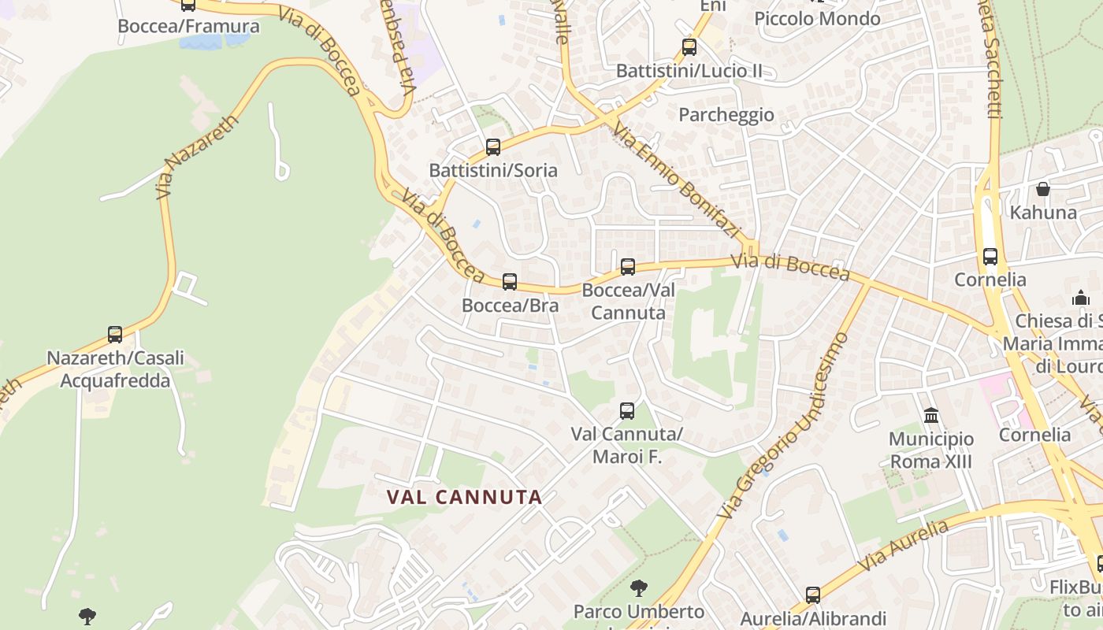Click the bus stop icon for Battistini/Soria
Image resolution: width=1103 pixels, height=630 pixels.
pyautogui.click(x=493, y=146)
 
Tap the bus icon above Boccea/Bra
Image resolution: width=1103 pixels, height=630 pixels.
pyautogui.click(x=510, y=281)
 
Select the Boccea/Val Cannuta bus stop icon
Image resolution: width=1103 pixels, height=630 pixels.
pyautogui.click(x=628, y=266)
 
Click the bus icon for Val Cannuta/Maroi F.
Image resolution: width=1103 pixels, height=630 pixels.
pyautogui.click(x=627, y=410)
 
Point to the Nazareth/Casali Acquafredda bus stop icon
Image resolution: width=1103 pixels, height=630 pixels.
pyautogui.click(x=115, y=334)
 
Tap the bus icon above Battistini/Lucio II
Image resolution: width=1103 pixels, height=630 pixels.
pyautogui.click(x=689, y=46)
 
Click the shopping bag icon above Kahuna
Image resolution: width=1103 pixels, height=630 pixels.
pyautogui.click(x=1043, y=189)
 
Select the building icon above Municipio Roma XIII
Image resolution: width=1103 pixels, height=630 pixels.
pyautogui.click(x=931, y=415)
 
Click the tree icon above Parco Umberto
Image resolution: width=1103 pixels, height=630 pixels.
pyautogui.click(x=639, y=587)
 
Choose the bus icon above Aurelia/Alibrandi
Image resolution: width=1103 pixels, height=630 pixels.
pyautogui.click(x=813, y=595)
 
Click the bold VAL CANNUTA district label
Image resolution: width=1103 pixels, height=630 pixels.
pyautogui.click(x=465, y=497)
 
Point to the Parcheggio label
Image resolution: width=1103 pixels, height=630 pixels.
pyautogui.click(x=726, y=115)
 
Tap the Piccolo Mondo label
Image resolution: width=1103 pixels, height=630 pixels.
pyautogui.click(x=817, y=19)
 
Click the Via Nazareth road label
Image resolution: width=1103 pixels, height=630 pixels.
pyautogui.click(x=196, y=157)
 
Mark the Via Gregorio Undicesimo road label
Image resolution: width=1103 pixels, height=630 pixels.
pyautogui.click(x=785, y=426)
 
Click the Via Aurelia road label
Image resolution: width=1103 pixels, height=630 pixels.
pyautogui.click(x=903, y=546)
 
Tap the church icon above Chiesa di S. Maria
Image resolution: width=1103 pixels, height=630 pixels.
pyautogui.click(x=1081, y=298)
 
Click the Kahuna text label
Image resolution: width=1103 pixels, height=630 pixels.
pyautogui.click(x=1043, y=213)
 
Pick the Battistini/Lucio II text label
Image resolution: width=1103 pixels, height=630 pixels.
pyautogui.click(x=689, y=71)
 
